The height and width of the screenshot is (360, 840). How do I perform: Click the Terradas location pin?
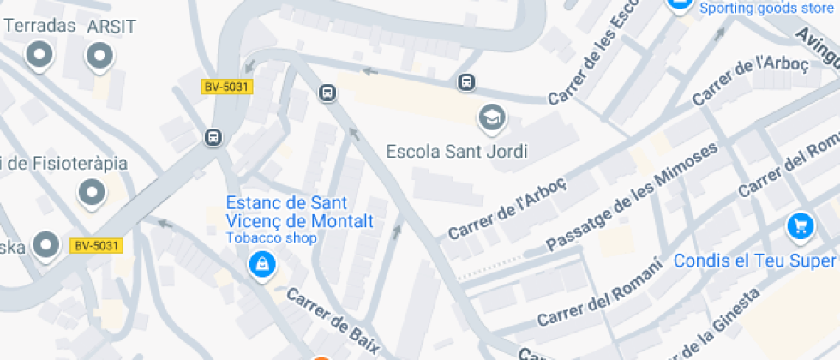tap(39, 57)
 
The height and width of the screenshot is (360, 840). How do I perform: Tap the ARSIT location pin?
tap(99, 57)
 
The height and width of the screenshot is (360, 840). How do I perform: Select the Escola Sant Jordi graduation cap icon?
tap(491, 116)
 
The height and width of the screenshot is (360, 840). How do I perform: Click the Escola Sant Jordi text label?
tap(457, 152)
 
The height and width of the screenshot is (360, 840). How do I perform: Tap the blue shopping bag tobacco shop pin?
tap(261, 264)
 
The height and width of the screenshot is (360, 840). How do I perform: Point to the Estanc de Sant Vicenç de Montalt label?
tap(299, 212)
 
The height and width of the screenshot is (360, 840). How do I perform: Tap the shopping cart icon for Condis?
tap(800, 226)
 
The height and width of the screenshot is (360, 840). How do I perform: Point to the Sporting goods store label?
tap(766, 9)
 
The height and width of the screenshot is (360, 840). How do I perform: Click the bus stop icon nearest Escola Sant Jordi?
tap(466, 82)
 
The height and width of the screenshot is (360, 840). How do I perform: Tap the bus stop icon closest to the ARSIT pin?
tap(213, 137)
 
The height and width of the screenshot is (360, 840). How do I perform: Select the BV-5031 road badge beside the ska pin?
tap(96, 246)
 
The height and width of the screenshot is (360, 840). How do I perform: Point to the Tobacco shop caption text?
tap(271, 237)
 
